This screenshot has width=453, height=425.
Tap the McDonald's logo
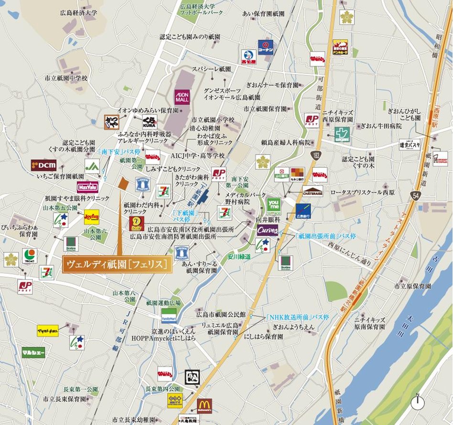point(204,405)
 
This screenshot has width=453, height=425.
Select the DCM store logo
point(43,165)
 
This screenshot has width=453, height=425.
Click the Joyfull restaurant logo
point(91,217)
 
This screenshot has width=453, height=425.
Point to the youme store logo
point(273,205)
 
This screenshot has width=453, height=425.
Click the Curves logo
point(267,230)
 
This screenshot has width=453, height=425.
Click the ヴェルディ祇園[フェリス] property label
point(117,264)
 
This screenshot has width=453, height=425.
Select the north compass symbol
point(418,402)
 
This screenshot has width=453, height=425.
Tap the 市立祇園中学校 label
point(66,77)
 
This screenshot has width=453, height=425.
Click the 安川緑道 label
point(239,256)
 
